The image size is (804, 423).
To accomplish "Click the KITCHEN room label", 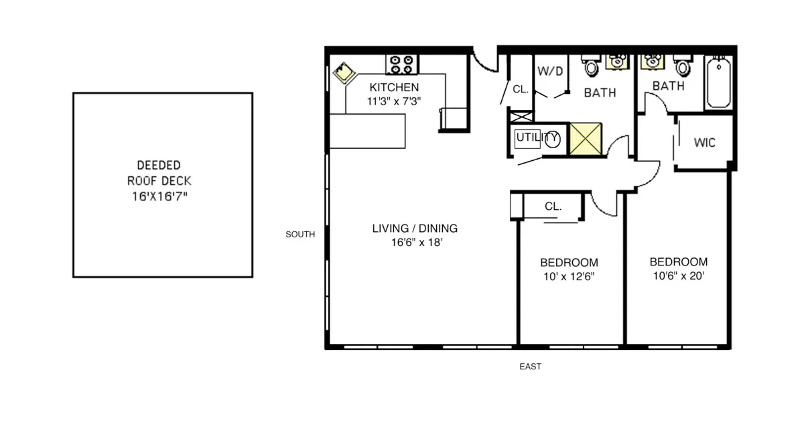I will point(395,87).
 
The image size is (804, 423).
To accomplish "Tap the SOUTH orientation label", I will point(300,235).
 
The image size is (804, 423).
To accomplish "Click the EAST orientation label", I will point(530,367).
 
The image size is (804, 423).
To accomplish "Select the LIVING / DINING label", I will point(415,229).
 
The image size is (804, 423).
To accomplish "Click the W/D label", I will point(549,70).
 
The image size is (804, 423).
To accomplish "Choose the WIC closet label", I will point(704,143).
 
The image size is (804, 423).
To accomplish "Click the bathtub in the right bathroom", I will point(718,84).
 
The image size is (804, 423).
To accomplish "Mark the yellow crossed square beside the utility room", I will point(588,139).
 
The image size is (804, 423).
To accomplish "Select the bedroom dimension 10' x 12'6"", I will point(569,276).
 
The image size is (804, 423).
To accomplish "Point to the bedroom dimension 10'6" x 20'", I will point(678,276).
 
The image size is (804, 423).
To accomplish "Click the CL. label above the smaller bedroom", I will point(553,206).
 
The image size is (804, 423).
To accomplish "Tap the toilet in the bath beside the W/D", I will point(592,66).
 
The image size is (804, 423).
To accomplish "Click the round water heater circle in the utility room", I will point(552,139).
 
